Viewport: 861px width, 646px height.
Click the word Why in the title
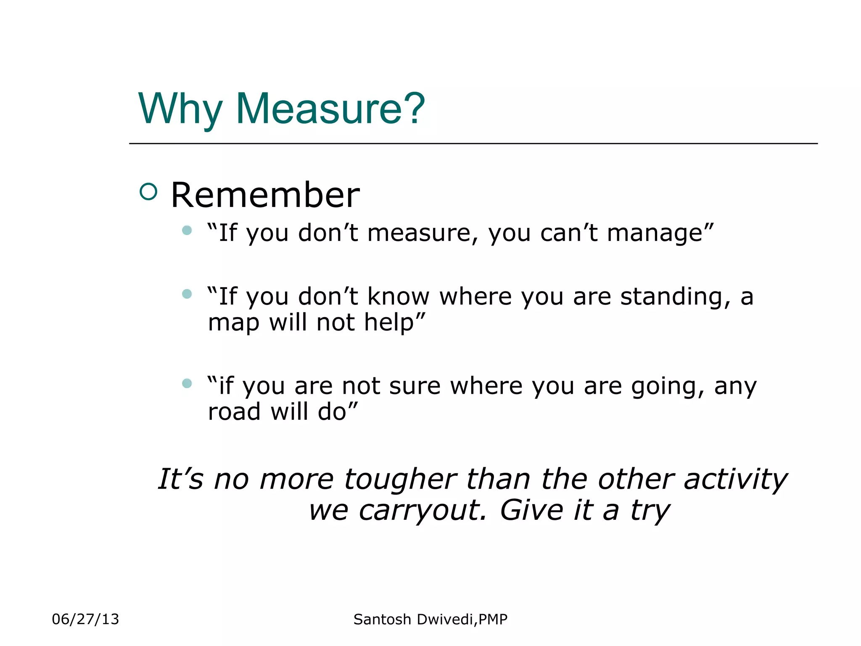(x=180, y=109)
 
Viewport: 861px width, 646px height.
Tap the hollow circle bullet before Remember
(x=148, y=192)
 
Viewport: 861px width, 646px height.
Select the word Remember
(x=265, y=195)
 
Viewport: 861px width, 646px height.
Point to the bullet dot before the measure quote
(x=187, y=230)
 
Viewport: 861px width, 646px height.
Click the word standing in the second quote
(x=675, y=297)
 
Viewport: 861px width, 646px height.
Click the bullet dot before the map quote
(x=187, y=294)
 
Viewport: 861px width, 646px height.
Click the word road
(x=234, y=412)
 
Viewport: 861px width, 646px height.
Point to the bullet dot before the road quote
(x=187, y=383)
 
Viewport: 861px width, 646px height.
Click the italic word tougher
(x=400, y=480)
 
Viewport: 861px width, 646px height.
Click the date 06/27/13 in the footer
(x=85, y=619)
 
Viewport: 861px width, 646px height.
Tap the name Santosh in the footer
(x=382, y=620)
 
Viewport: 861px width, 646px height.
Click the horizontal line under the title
(x=473, y=144)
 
